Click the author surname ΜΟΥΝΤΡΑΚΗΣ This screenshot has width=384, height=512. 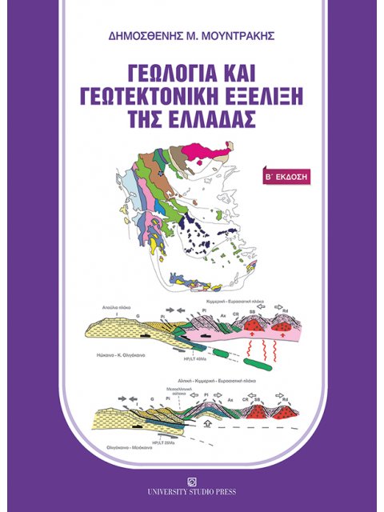point(238,38)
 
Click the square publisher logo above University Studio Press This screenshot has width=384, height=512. point(192,482)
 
